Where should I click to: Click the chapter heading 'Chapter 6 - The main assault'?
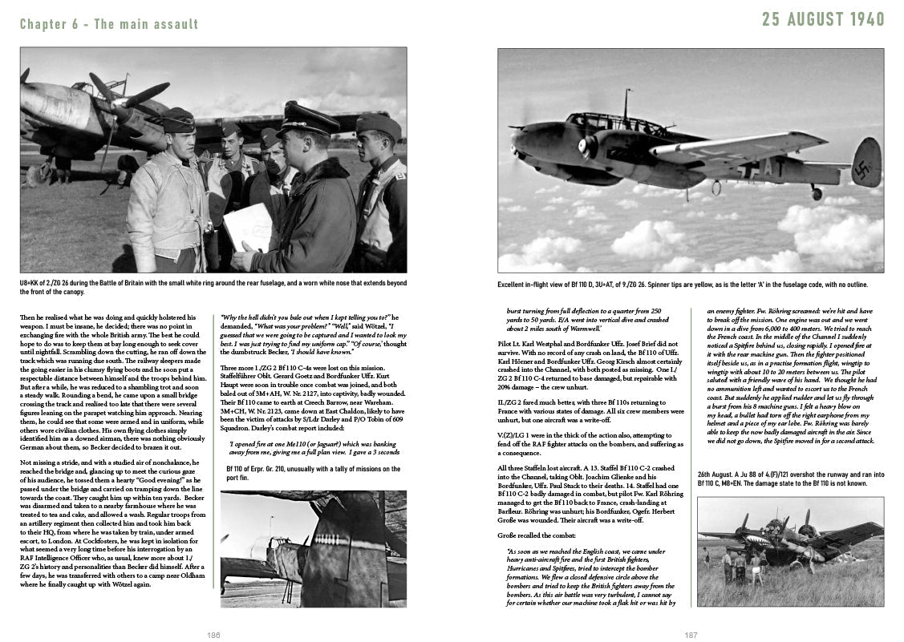click(109, 24)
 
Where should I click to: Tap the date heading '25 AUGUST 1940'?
click(823, 19)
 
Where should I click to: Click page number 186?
click(213, 635)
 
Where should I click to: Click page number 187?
click(691, 635)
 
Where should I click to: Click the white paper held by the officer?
click(248, 226)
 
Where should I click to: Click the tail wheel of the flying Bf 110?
click(816, 193)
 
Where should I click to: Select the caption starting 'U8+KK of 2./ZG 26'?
click(213, 288)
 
